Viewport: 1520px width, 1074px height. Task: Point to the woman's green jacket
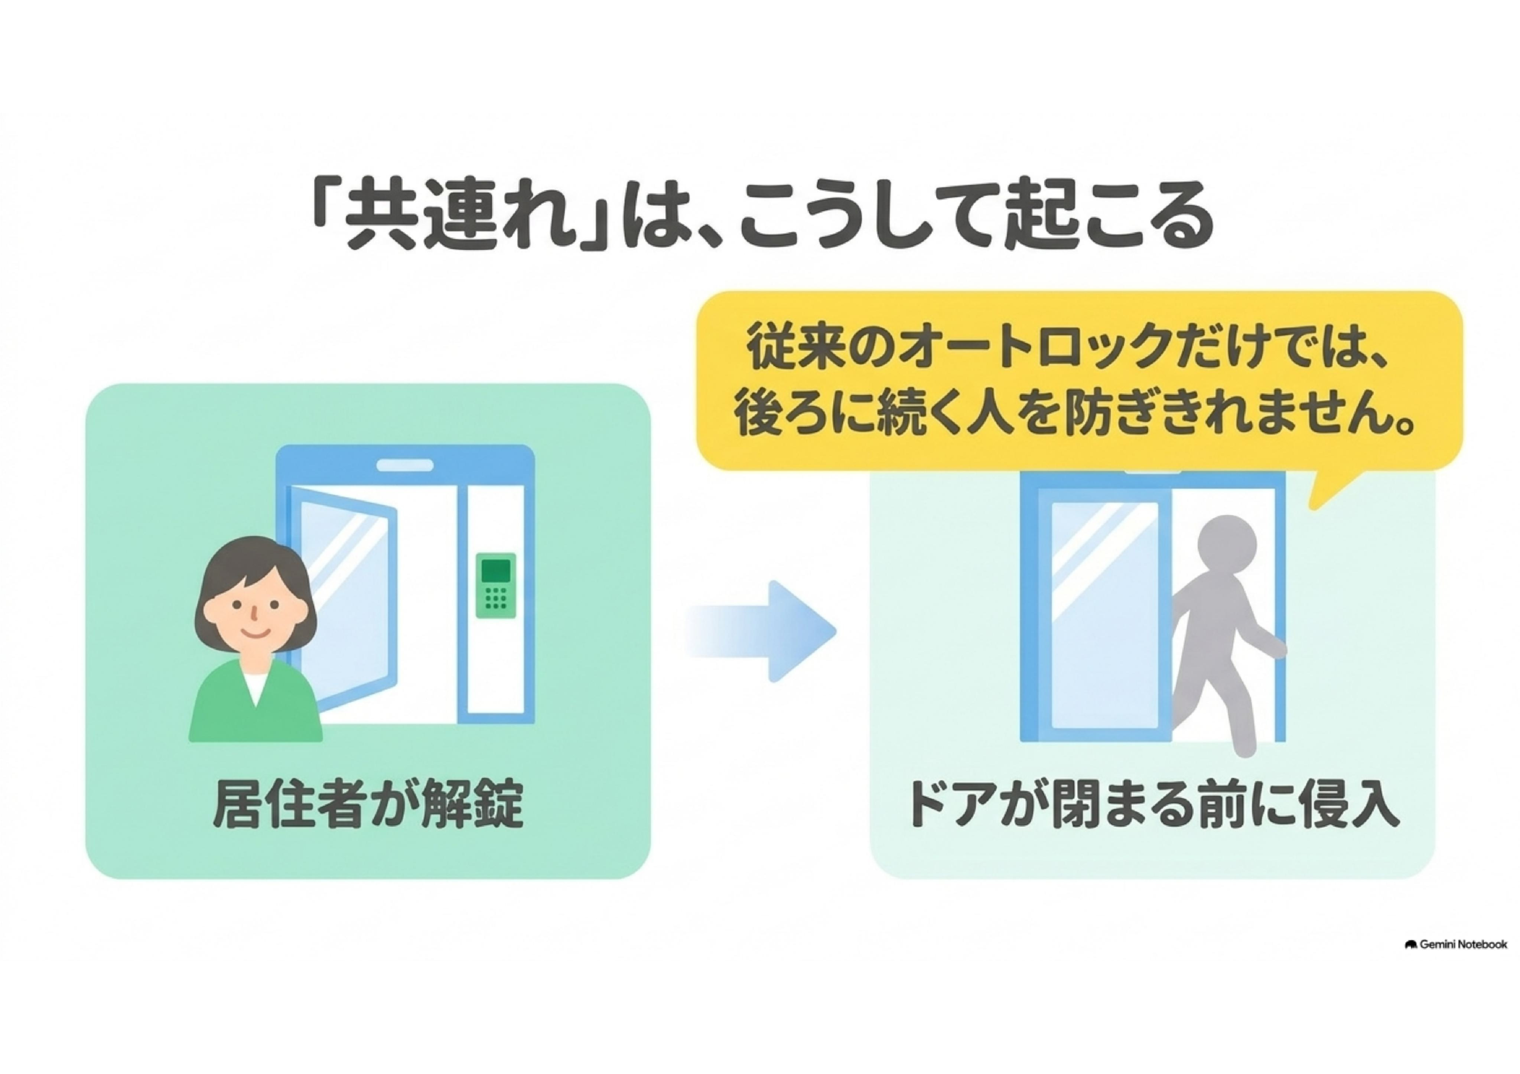pos(254,702)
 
